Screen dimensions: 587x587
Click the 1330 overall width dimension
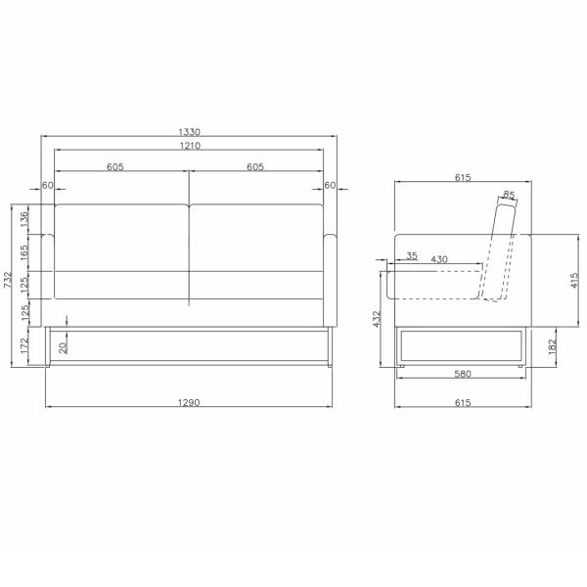click(190, 132)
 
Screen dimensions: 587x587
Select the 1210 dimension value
click(190, 145)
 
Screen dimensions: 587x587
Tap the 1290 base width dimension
click(189, 402)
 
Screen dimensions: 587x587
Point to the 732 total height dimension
click(8, 280)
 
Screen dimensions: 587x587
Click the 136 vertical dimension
click(23, 219)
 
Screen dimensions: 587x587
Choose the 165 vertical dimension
click(23, 252)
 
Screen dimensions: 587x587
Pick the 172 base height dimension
click(23, 345)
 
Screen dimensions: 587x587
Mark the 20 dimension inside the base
click(64, 348)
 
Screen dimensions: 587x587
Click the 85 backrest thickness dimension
click(509, 195)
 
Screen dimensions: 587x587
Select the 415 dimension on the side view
click(574, 281)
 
